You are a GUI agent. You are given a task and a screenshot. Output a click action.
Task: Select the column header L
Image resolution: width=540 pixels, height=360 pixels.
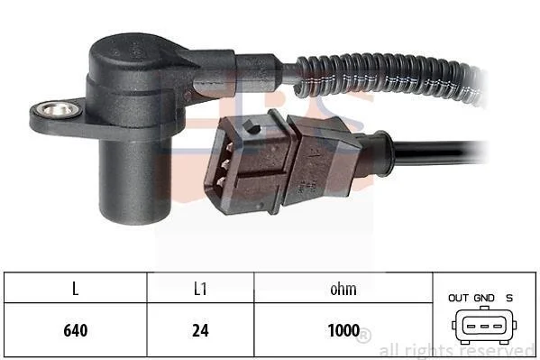click(76, 289)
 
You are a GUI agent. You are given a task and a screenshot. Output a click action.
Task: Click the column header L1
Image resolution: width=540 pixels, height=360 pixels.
click(200, 289)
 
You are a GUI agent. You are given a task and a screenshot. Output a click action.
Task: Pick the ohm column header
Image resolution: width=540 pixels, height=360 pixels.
click(343, 289)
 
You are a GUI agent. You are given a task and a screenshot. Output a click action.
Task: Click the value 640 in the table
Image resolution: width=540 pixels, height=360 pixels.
click(76, 330)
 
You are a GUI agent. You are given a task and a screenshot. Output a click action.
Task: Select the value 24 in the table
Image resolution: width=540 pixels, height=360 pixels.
click(200, 330)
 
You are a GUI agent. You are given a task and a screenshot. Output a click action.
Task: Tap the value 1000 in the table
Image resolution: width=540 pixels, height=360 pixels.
click(343, 330)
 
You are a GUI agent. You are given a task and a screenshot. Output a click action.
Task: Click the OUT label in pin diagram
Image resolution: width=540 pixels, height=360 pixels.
click(458, 298)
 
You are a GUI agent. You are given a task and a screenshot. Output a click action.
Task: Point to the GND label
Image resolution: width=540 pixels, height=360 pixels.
click(484, 298)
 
